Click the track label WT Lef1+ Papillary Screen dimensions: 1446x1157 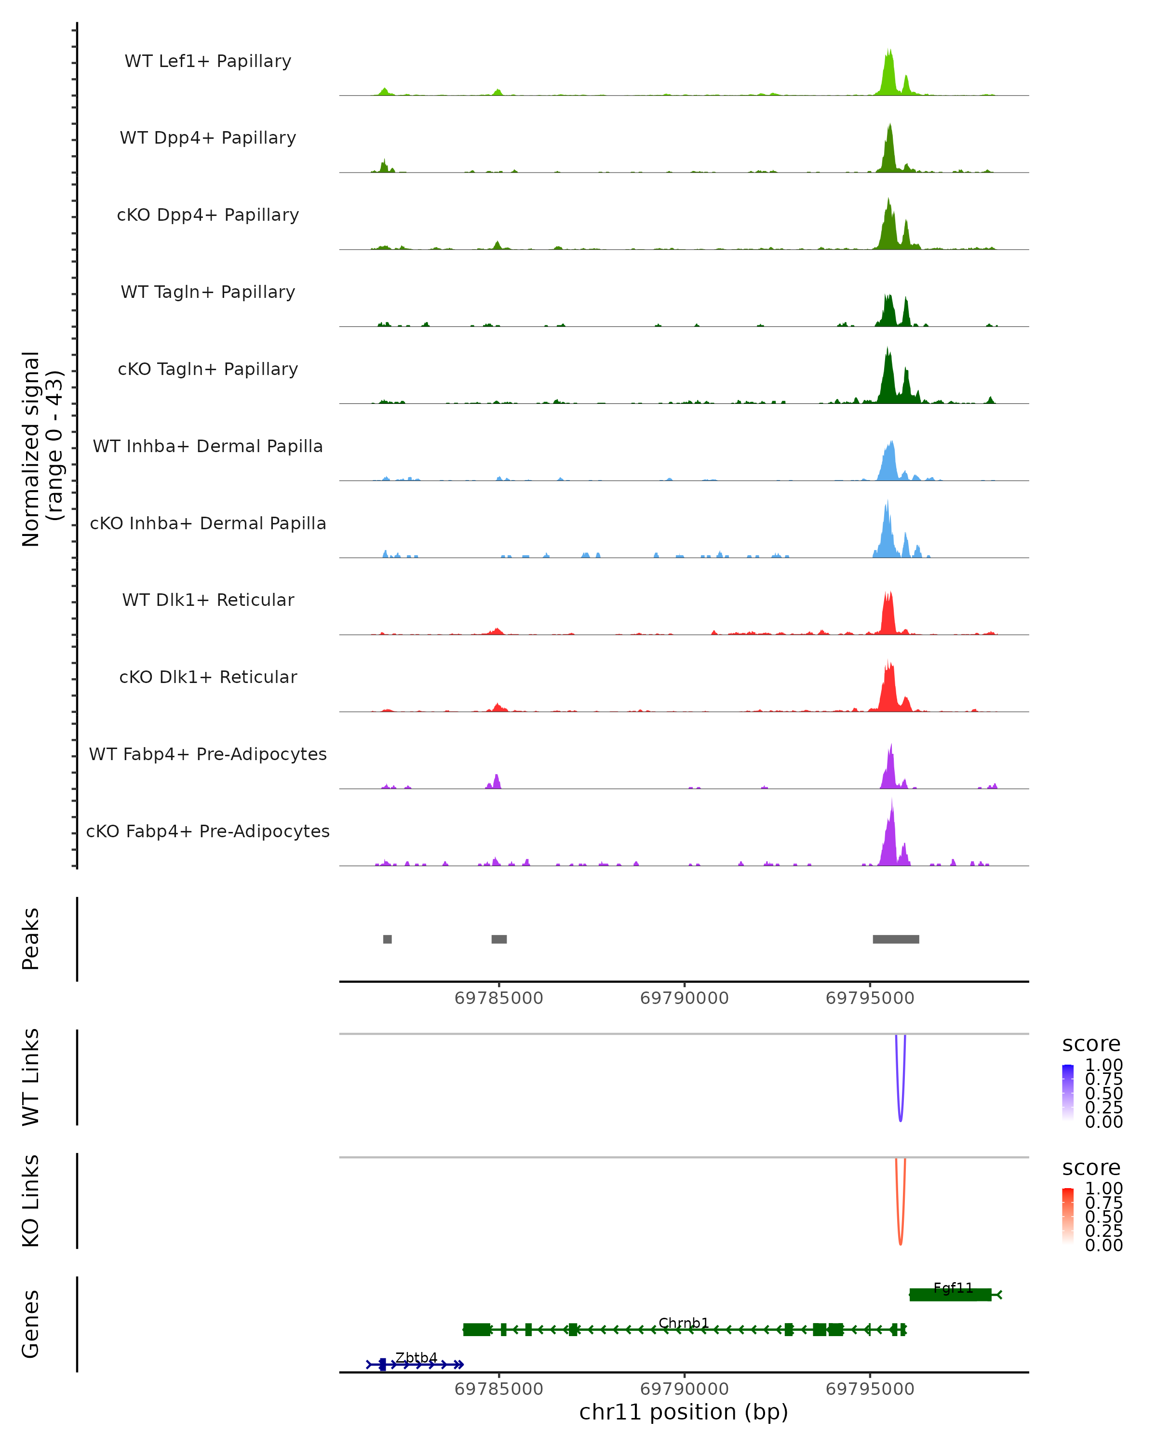pos(208,61)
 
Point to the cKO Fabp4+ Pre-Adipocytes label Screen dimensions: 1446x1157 pos(208,831)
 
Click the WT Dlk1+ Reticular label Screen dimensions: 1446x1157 pos(208,600)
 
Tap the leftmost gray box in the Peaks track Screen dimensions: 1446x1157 pos(387,939)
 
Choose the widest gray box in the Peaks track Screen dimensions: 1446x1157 pos(895,939)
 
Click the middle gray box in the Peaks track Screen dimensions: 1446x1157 pos(499,939)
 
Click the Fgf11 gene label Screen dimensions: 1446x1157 pos(953,1288)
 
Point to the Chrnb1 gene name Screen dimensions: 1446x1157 pos(684,1323)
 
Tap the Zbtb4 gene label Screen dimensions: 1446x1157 pos(416,1357)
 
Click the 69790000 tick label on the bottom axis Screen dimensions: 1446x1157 pos(684,1389)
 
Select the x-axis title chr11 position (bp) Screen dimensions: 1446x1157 pos(684,1412)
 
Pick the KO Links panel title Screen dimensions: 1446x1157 pos(31,1201)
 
